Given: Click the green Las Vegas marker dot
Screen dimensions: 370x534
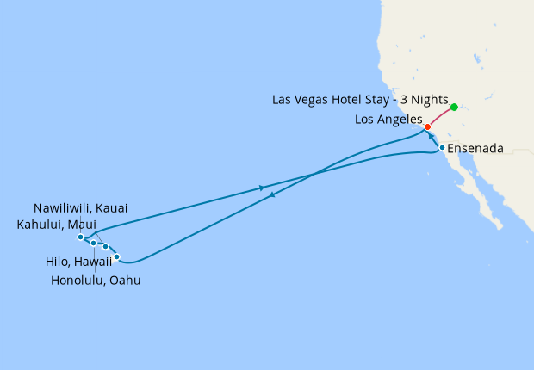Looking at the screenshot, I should (454, 108).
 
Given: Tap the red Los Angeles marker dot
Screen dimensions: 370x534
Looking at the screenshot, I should (427, 126).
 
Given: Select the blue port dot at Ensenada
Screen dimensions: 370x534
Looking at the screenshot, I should (442, 147).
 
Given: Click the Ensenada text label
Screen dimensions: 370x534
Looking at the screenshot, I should (475, 148).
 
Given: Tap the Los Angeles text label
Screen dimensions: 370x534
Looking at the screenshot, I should (388, 120).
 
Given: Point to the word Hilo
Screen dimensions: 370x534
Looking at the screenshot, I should (59, 262).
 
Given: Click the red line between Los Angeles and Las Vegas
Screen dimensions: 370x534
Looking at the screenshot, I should (441, 117).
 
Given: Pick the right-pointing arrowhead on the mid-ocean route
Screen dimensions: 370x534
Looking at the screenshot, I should (261, 188).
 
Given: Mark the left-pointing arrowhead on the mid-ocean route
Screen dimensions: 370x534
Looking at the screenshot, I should (272, 195).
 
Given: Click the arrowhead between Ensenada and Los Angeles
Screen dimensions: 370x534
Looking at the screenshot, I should (431, 137).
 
